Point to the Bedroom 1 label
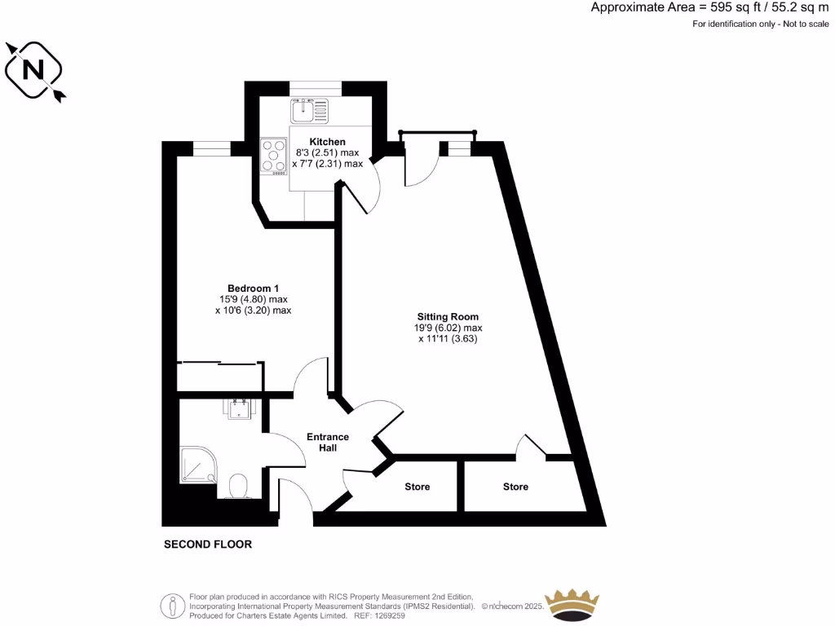pos(253,288)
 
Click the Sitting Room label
pos(448,316)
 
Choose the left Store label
pos(417,487)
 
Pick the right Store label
pos(515,487)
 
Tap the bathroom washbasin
pos(240,410)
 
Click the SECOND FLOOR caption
pos(208,544)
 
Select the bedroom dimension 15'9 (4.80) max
pos(253,299)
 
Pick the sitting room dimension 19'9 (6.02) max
pos(448,328)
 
